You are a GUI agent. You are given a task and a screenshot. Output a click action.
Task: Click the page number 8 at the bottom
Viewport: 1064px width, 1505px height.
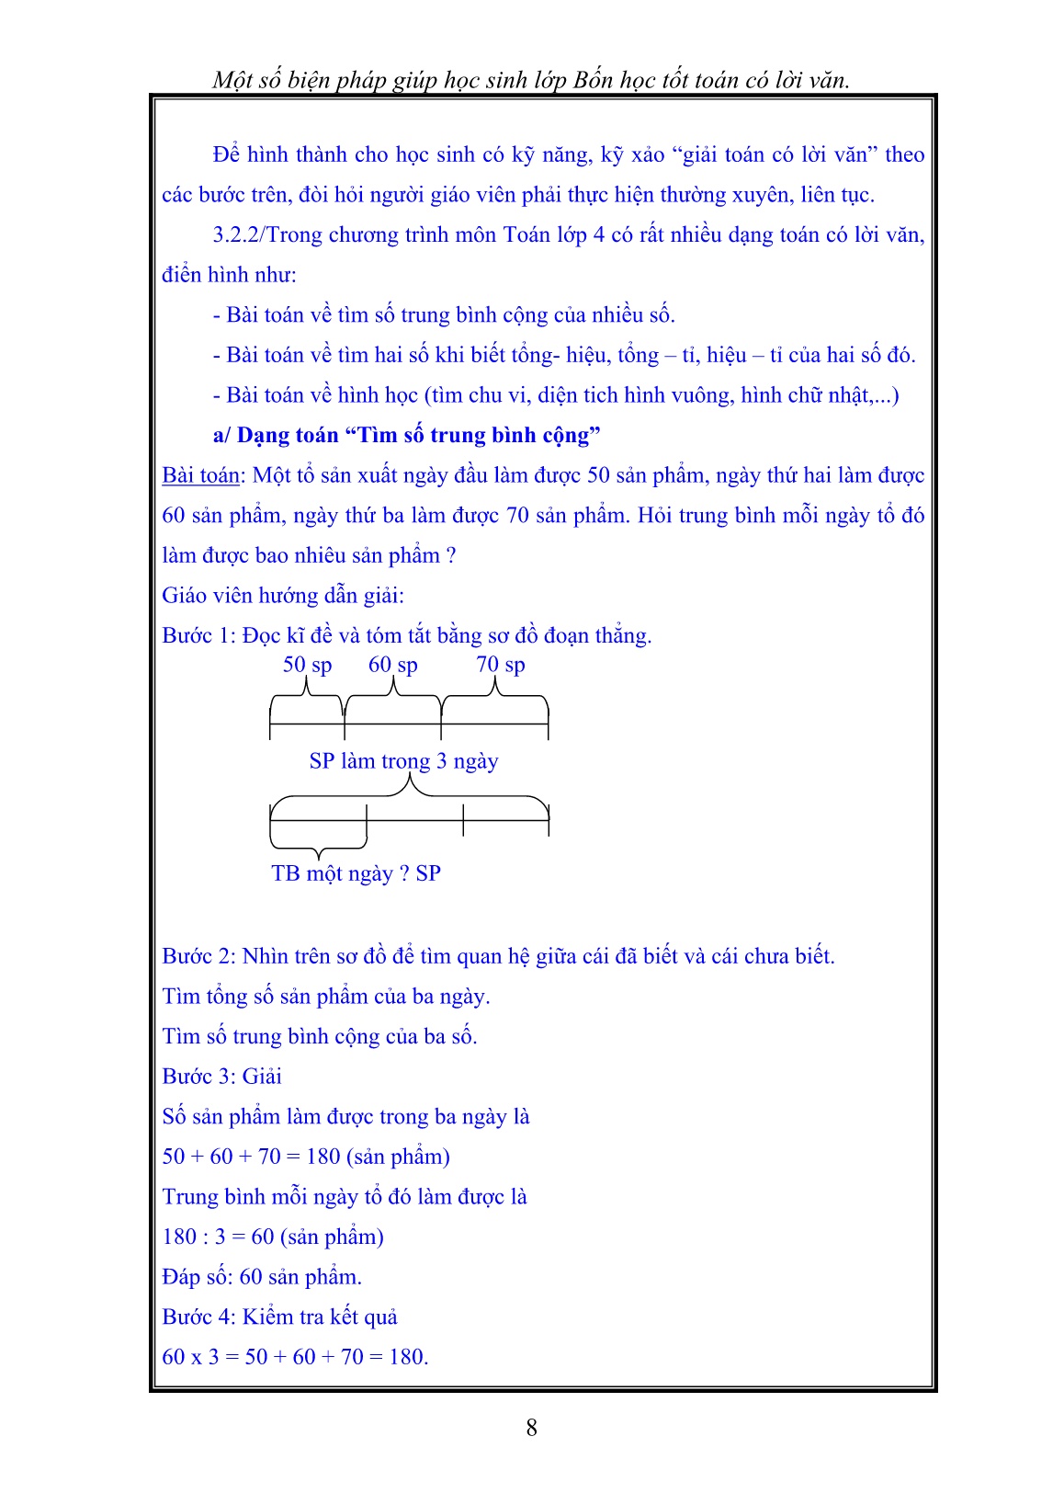531,1427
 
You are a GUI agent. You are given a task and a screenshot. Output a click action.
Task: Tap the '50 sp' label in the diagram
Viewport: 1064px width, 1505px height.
307,665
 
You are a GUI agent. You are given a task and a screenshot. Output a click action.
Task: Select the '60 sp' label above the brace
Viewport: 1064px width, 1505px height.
392,665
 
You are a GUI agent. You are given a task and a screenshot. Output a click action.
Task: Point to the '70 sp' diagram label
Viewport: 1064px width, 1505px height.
500,665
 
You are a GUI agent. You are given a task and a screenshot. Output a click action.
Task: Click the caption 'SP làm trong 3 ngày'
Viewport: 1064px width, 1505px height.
403,761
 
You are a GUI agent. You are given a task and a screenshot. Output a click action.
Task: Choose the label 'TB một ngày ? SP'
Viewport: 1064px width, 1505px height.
356,873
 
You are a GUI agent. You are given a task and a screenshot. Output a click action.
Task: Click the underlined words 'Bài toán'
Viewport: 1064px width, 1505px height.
200,475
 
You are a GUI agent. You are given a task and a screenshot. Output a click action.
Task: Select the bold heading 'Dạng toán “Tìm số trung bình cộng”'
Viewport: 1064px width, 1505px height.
418,435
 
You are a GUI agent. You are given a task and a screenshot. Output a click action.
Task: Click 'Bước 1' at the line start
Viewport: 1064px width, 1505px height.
187,635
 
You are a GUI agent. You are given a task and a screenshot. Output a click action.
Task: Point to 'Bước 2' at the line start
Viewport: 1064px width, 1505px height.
187,956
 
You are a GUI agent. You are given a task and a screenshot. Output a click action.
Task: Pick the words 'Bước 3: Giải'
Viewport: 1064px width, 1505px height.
221,1077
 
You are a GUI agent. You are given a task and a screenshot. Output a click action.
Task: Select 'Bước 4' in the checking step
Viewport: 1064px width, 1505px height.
187,1317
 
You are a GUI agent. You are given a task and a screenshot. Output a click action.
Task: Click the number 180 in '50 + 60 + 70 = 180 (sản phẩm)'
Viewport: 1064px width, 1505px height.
323,1157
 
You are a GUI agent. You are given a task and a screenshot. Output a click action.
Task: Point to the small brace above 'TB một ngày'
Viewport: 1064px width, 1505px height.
318,841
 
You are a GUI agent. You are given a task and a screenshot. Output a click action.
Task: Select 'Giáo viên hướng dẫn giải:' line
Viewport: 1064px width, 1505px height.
283,596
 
